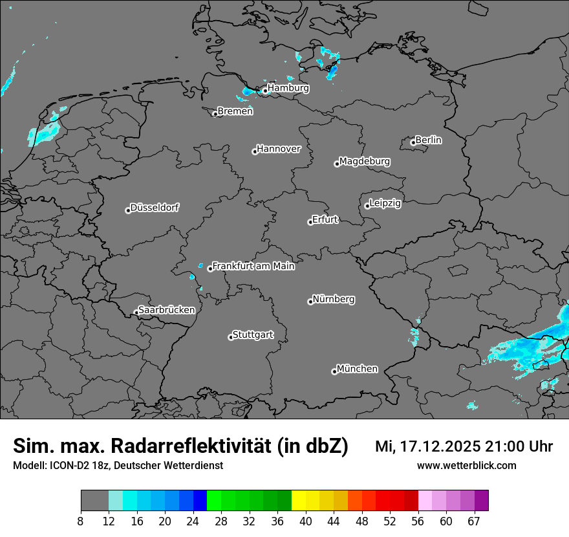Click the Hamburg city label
pos(288,88)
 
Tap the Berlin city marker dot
pos(413,142)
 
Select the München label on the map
pos(357,369)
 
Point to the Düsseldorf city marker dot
pos(128,210)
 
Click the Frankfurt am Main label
pos(253,266)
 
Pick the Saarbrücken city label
pos(166,310)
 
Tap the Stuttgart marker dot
pos(231,337)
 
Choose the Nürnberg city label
pos(334,300)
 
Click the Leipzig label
pos(385,203)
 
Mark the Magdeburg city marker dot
pos(337,164)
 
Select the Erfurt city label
pos(325,219)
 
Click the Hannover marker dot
pos(255,151)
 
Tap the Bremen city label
pos(235,111)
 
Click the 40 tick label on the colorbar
pos(306,521)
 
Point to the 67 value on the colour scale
pos(475,521)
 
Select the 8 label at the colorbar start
pos(80,521)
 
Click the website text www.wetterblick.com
pos(467,465)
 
